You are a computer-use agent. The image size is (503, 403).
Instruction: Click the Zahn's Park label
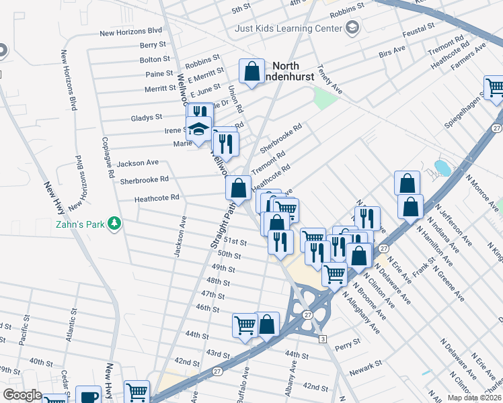(x=80, y=224)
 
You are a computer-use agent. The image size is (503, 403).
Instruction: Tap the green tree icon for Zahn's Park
(x=115, y=223)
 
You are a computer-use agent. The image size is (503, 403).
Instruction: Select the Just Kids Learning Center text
(x=288, y=28)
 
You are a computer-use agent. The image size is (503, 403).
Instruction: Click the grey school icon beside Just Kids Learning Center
(x=352, y=28)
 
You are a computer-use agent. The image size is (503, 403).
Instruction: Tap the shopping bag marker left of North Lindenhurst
(x=251, y=71)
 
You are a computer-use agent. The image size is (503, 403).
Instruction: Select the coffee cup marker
(x=88, y=396)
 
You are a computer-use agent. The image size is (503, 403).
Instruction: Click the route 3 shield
(x=323, y=339)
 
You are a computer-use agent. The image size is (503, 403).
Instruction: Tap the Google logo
(x=22, y=395)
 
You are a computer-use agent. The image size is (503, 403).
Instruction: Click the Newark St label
(x=366, y=364)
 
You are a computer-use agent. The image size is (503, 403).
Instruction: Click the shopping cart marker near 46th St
(x=245, y=324)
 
